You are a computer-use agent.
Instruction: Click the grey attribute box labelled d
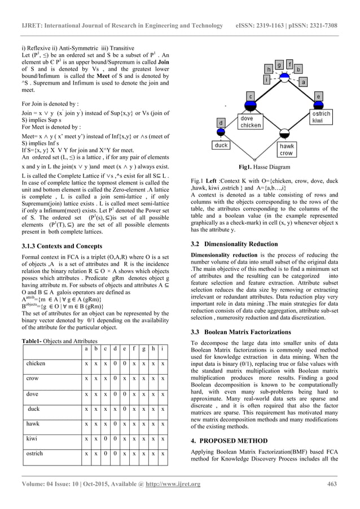[x=221, y=123]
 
